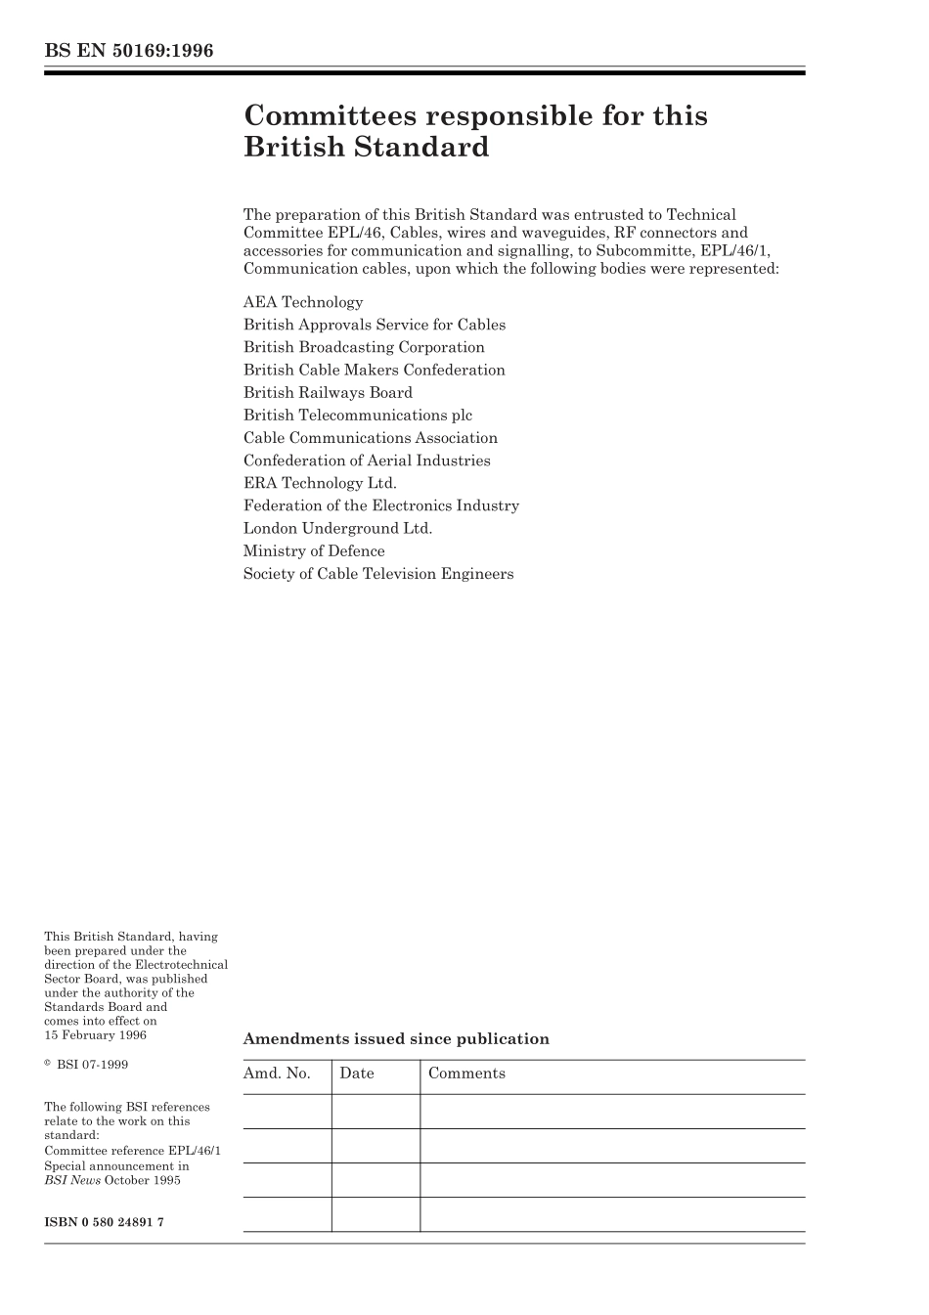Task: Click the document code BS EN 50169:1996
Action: (x=128, y=51)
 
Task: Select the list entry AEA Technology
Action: (x=303, y=302)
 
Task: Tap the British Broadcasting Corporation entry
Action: (x=364, y=347)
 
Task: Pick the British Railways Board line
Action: (x=328, y=392)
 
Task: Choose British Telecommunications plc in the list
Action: (x=358, y=415)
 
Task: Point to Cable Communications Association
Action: (x=371, y=438)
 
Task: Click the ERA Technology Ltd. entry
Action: (x=320, y=483)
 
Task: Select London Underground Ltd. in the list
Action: (x=337, y=528)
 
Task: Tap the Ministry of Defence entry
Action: (x=314, y=550)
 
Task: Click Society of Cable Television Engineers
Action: (x=378, y=574)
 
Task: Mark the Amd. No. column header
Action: (x=277, y=1074)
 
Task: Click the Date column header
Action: (x=357, y=1074)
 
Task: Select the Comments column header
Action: (x=466, y=1074)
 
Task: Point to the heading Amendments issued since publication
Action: (x=396, y=1039)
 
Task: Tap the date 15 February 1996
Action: (x=95, y=1034)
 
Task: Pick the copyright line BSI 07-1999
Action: (x=91, y=1064)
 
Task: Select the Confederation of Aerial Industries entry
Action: (x=367, y=460)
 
